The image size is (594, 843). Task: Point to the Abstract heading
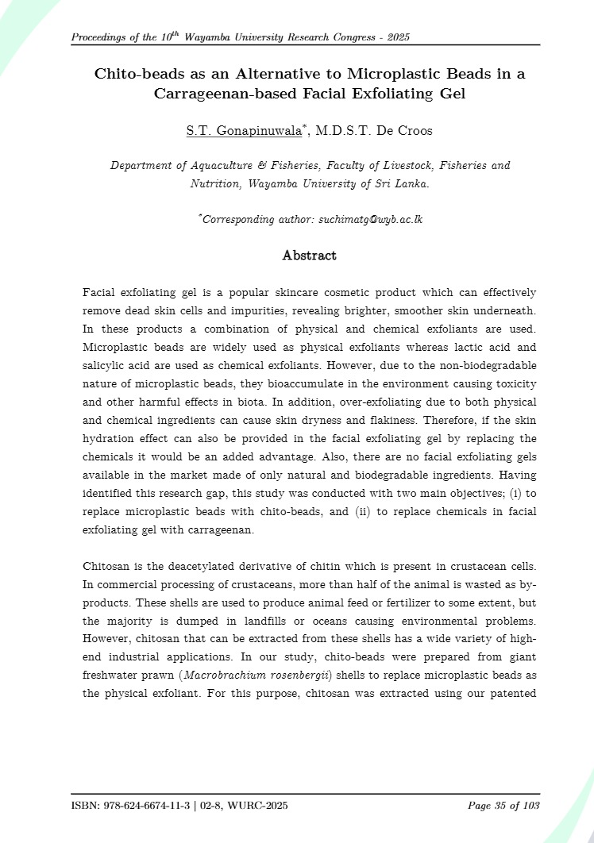pyautogui.click(x=310, y=256)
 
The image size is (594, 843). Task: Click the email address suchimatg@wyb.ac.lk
pyautogui.click(x=370, y=218)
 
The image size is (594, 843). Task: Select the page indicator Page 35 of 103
pyautogui.click(x=504, y=806)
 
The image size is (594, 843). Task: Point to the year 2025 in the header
pyautogui.click(x=396, y=37)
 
